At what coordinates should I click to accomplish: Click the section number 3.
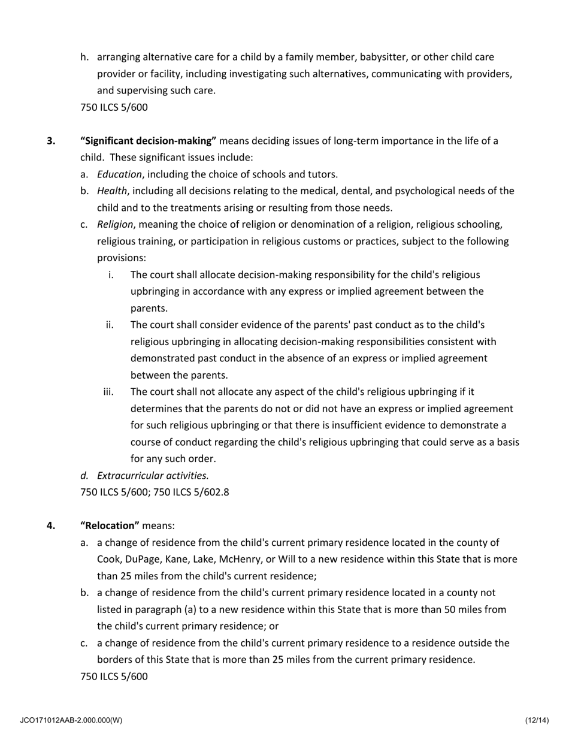pyautogui.click(x=51, y=141)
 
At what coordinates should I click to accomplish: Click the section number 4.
pyautogui.click(x=51, y=526)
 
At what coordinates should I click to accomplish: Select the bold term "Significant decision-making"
pyautogui.click(x=148, y=141)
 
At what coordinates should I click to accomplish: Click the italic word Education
pyautogui.click(x=119, y=175)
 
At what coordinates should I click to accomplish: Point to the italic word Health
pyautogui.click(x=112, y=191)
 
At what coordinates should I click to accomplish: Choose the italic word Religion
pyautogui.click(x=115, y=225)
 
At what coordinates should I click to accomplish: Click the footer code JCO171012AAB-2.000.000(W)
pyautogui.click(x=71, y=720)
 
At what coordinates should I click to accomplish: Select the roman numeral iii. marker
pyautogui.click(x=108, y=392)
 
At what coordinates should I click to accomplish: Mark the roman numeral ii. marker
pyautogui.click(x=110, y=325)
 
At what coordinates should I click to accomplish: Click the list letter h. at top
pyautogui.click(x=85, y=58)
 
